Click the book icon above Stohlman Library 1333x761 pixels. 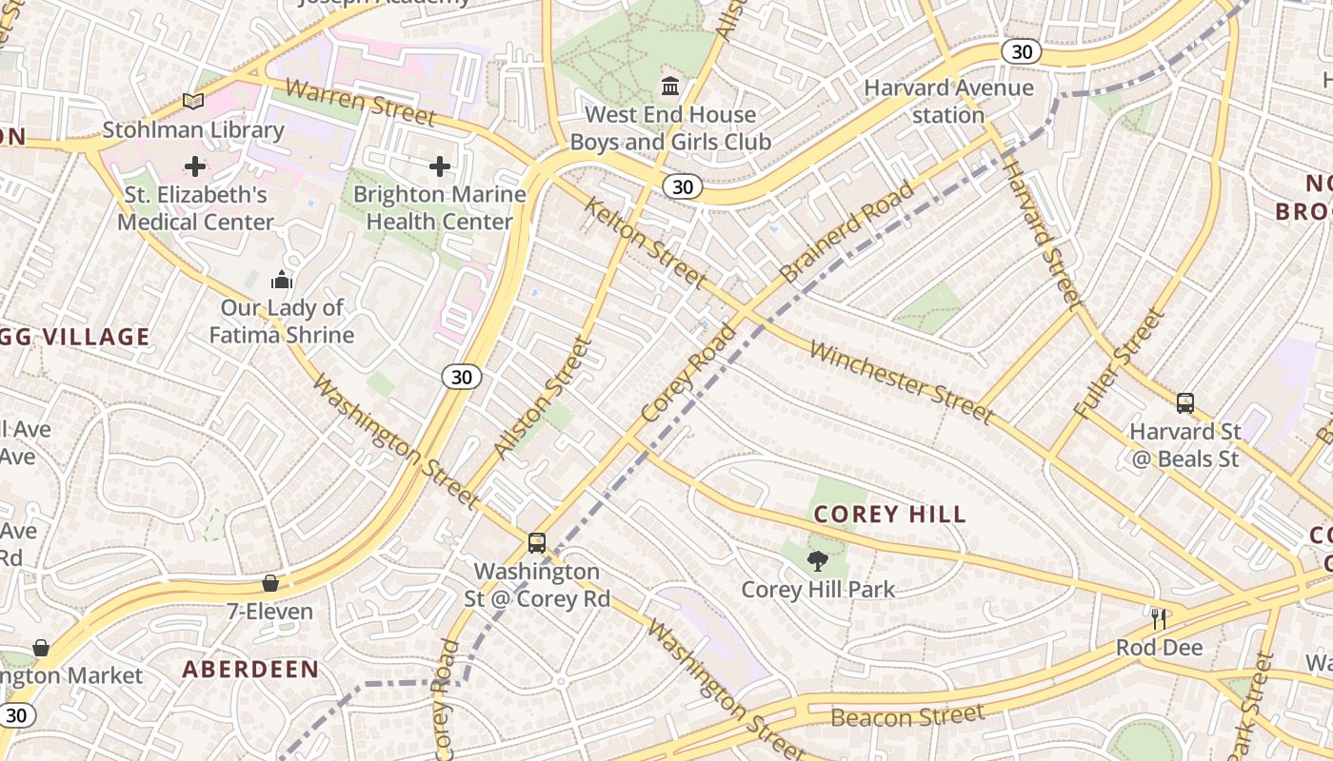193,101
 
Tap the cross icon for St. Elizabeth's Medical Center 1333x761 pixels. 195,167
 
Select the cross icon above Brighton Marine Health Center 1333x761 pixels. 440,167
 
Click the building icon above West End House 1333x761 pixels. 670,87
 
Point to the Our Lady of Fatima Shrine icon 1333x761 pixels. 282,280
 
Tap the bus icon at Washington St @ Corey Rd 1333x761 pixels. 537,543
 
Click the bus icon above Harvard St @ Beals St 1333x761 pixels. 1185,403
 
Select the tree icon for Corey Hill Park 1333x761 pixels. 817,561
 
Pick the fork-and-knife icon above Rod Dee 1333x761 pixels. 1159,619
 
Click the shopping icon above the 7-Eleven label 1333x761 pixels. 270,583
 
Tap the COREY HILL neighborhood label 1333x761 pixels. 890,515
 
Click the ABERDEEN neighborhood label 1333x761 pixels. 250,669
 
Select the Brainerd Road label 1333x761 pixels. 846,231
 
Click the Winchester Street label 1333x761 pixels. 901,381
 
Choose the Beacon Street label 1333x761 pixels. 908,715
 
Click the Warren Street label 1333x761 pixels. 361,103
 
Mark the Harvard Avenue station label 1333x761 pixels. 948,102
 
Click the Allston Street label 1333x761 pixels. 544,398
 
